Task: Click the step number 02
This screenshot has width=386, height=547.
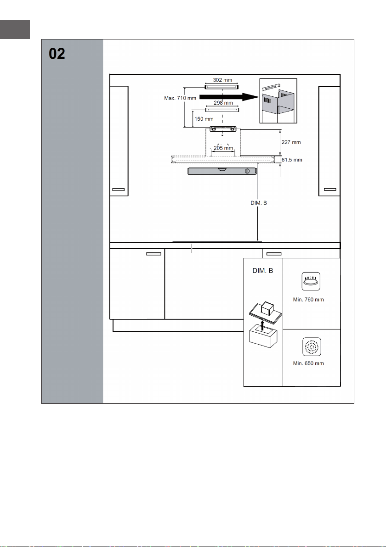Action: (57, 54)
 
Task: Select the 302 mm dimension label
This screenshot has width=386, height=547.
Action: (222, 80)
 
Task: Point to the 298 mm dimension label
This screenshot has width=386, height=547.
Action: (223, 103)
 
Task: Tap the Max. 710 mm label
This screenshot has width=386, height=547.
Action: (180, 98)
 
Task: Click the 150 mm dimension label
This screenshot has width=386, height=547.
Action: (204, 119)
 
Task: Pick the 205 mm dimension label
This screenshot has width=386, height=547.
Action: (223, 148)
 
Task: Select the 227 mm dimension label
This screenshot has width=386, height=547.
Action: (291, 142)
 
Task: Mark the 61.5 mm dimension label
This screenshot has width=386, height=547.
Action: (292, 160)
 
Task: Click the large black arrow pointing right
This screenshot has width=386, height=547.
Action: (229, 97)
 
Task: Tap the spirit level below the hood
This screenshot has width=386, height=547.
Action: (223, 171)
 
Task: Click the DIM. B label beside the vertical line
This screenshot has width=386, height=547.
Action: (259, 203)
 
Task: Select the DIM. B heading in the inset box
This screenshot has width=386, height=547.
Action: (263, 270)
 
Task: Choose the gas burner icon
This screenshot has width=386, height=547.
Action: (311, 281)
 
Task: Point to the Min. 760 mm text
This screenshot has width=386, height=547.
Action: (308, 299)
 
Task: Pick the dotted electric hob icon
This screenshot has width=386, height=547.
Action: (312, 347)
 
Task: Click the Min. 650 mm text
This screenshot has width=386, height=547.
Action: (308, 363)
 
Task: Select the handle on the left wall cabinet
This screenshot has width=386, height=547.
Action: (119, 190)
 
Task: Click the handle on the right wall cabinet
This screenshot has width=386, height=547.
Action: (330, 190)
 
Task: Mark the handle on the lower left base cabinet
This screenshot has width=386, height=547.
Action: (153, 254)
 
